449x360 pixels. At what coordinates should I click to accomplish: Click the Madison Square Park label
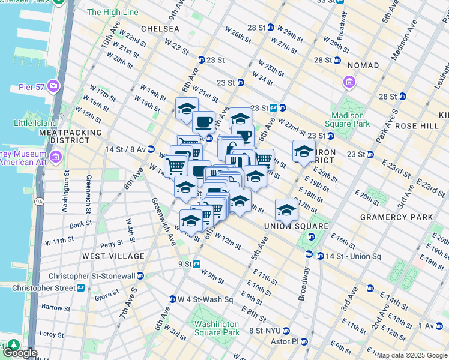348,119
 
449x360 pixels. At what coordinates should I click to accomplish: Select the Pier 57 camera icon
53,86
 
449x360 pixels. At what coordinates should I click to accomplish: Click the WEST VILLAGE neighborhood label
113,256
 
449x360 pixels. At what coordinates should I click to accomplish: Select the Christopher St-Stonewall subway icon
140,275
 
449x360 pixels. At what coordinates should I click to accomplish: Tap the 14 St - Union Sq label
353,256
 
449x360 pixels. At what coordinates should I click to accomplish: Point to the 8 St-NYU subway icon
286,330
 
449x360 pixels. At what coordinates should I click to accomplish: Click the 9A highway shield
38,202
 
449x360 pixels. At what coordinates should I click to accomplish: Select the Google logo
20,352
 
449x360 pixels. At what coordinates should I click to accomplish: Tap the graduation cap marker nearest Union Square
286,211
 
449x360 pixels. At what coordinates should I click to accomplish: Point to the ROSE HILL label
414,126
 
